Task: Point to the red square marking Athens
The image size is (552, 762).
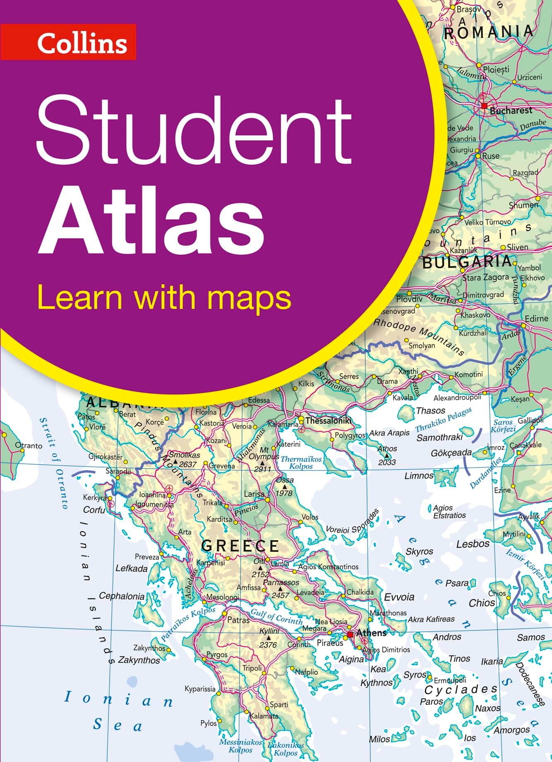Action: [350, 634]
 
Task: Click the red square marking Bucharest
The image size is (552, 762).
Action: [484, 106]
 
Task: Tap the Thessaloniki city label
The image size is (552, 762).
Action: [328, 421]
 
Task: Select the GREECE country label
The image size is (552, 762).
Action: [240, 546]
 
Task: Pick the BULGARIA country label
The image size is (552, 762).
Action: [467, 262]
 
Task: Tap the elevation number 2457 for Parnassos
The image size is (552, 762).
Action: [280, 595]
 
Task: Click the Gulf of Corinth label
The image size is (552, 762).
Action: [276, 618]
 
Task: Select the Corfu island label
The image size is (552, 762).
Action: [94, 510]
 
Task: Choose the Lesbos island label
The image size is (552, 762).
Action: [473, 544]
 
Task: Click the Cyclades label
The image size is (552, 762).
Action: [461, 690]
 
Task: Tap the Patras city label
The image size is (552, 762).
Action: [238, 620]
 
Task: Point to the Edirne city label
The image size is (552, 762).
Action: [536, 319]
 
